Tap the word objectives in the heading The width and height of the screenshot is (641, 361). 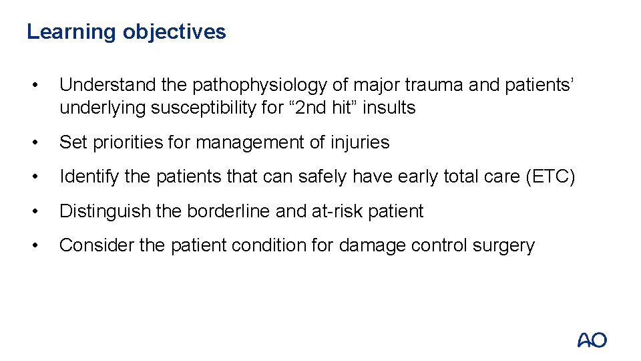pyautogui.click(x=174, y=32)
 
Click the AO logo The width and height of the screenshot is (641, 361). pyautogui.click(x=592, y=340)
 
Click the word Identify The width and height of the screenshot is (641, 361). pyautogui.click(x=89, y=177)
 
